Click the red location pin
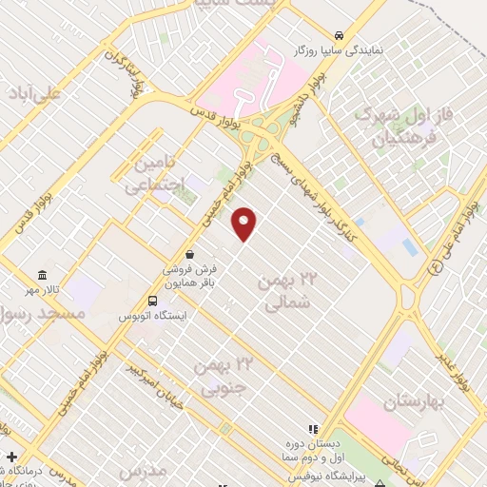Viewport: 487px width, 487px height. click(244, 224)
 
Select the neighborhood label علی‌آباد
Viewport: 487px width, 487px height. click(46, 93)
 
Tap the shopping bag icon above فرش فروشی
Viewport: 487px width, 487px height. click(191, 255)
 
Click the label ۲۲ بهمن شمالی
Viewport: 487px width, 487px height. click(285, 292)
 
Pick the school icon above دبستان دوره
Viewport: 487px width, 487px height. click(313, 430)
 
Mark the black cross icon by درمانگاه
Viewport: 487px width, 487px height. click(10, 458)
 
